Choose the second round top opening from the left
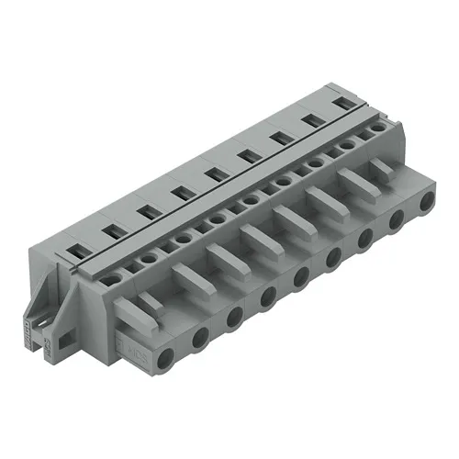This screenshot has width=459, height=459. [x=151, y=260]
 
